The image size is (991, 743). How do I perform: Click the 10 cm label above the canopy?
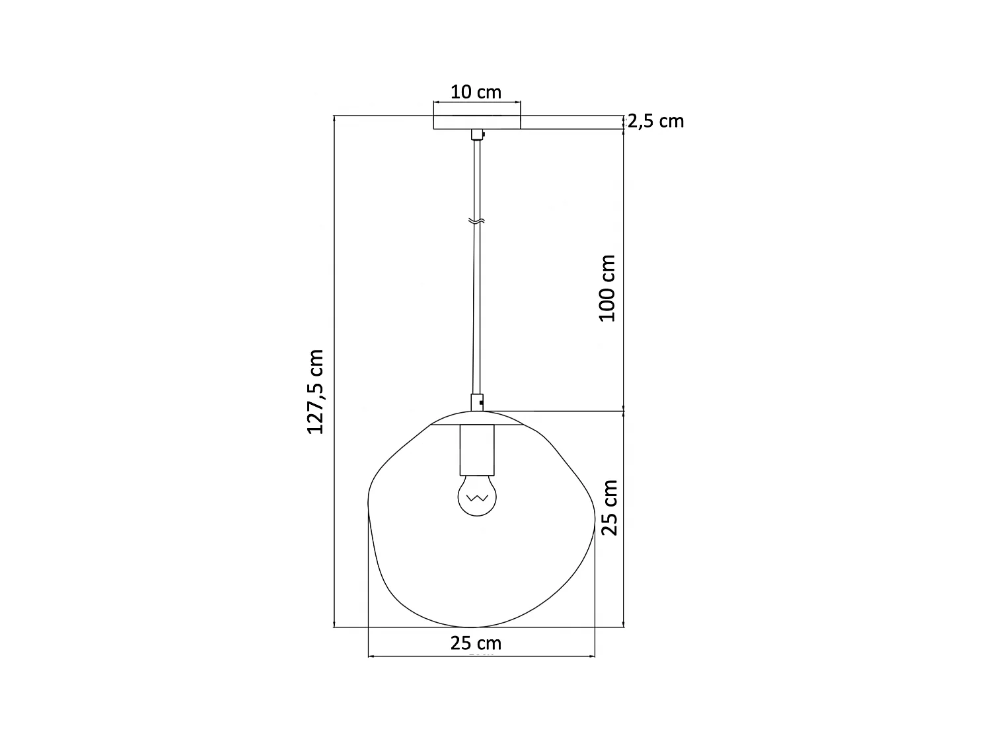476,92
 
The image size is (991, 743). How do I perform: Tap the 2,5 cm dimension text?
655,122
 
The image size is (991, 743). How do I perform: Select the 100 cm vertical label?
607,288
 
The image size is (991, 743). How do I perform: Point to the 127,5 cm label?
316,392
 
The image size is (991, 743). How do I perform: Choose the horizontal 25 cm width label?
476,643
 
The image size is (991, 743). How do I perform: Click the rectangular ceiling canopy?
476,122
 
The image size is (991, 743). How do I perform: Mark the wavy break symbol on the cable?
476,221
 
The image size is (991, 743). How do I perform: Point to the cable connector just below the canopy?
476,135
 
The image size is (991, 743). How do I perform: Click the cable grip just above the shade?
476,402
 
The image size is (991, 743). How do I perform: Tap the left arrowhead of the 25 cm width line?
370,656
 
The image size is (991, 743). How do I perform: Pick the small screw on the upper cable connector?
484,135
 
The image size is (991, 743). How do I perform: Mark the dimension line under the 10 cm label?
476,102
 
